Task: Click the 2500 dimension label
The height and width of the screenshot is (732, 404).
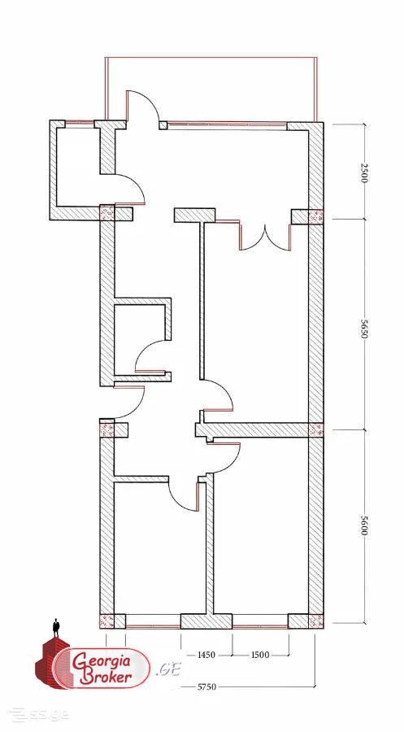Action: click(364, 172)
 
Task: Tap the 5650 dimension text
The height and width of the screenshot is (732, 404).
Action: click(364, 329)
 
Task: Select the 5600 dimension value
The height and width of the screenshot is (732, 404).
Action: click(364, 525)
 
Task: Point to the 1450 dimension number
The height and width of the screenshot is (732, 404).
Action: click(206, 655)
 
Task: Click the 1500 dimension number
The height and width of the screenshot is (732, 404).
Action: click(260, 655)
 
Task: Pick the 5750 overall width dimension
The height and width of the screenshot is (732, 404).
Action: click(206, 686)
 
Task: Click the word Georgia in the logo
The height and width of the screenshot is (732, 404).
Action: click(104, 661)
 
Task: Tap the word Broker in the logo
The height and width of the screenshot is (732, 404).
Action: click(106, 678)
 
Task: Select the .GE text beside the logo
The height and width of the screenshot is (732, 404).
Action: click(168, 669)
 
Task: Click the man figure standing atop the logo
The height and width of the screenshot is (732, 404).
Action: click(56, 628)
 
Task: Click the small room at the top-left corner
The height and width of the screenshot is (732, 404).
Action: click(78, 167)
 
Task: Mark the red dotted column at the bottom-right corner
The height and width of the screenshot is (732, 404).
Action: click(316, 621)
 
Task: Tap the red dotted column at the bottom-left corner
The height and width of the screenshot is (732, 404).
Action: click(106, 621)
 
